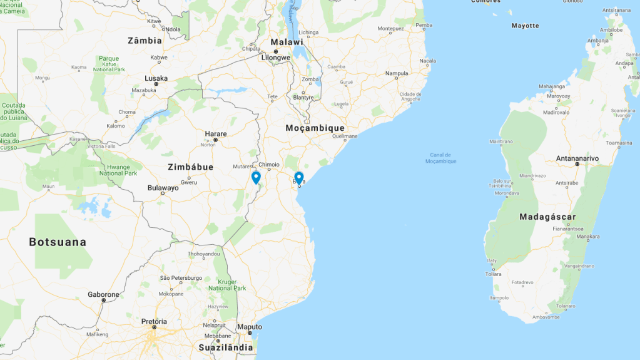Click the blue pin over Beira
pyautogui.click(x=299, y=178)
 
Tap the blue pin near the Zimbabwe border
pyautogui.click(x=256, y=177)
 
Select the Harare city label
pyautogui.click(x=216, y=133)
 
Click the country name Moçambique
pyautogui.click(x=315, y=128)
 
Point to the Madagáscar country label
pyautogui.click(x=547, y=217)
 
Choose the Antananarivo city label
pyautogui.click(x=577, y=158)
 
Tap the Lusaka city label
pyautogui.click(x=156, y=78)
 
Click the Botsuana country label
pyautogui.click(x=58, y=242)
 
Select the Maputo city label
pyautogui.click(x=250, y=327)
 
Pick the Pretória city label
pyautogui.click(x=154, y=321)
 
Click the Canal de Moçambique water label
pyautogui.click(x=441, y=158)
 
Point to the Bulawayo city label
pyautogui.click(x=163, y=188)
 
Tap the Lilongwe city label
pyautogui.click(x=275, y=58)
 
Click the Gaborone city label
pyautogui.click(x=103, y=294)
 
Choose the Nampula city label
pyautogui.click(x=396, y=73)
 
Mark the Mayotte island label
pyautogui.click(x=525, y=26)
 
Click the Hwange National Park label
pyautogui.click(x=117, y=169)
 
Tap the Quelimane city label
pyautogui.click(x=345, y=136)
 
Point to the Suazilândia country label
pyautogui.click(x=226, y=347)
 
